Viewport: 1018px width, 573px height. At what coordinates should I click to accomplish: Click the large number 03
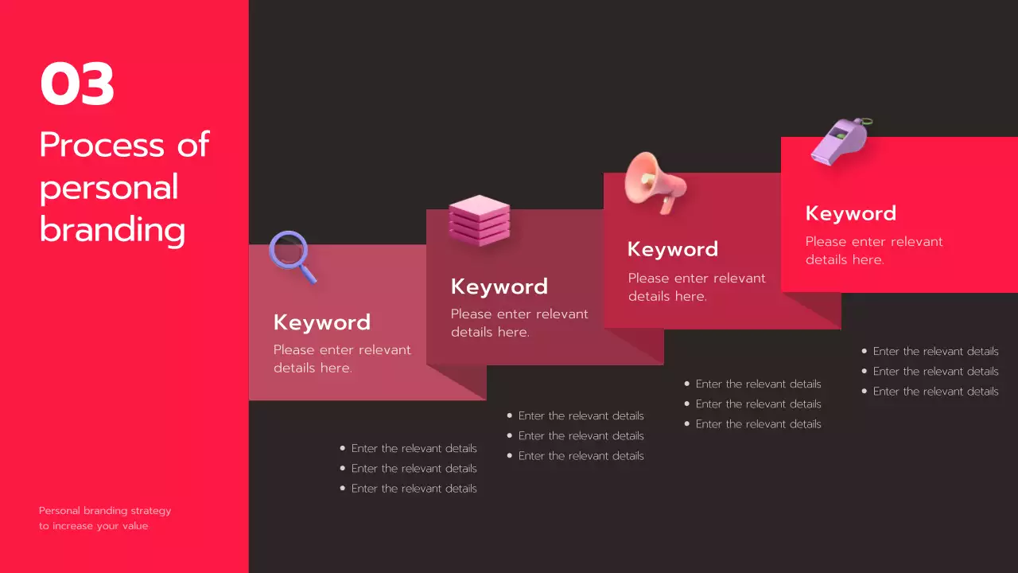(x=77, y=85)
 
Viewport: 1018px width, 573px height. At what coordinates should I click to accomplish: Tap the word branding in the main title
(x=112, y=230)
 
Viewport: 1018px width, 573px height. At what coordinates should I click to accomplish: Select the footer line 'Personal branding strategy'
(x=105, y=511)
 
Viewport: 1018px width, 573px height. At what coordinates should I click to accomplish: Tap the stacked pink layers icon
(x=479, y=220)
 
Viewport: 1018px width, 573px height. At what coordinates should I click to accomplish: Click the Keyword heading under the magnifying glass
(x=322, y=322)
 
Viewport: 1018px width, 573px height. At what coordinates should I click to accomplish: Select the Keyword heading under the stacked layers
(x=499, y=286)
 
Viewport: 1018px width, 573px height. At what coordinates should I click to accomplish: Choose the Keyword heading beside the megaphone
(x=673, y=249)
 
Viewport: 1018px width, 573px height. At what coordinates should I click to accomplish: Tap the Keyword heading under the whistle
(x=851, y=213)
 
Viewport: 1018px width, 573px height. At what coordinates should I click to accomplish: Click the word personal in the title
(x=109, y=188)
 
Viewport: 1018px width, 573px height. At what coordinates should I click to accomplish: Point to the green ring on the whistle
(x=865, y=122)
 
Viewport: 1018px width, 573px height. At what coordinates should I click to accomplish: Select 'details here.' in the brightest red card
(x=845, y=259)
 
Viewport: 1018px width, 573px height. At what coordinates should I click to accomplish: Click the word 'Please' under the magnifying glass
(x=294, y=349)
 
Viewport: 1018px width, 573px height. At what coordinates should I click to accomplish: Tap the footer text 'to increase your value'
(x=94, y=526)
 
